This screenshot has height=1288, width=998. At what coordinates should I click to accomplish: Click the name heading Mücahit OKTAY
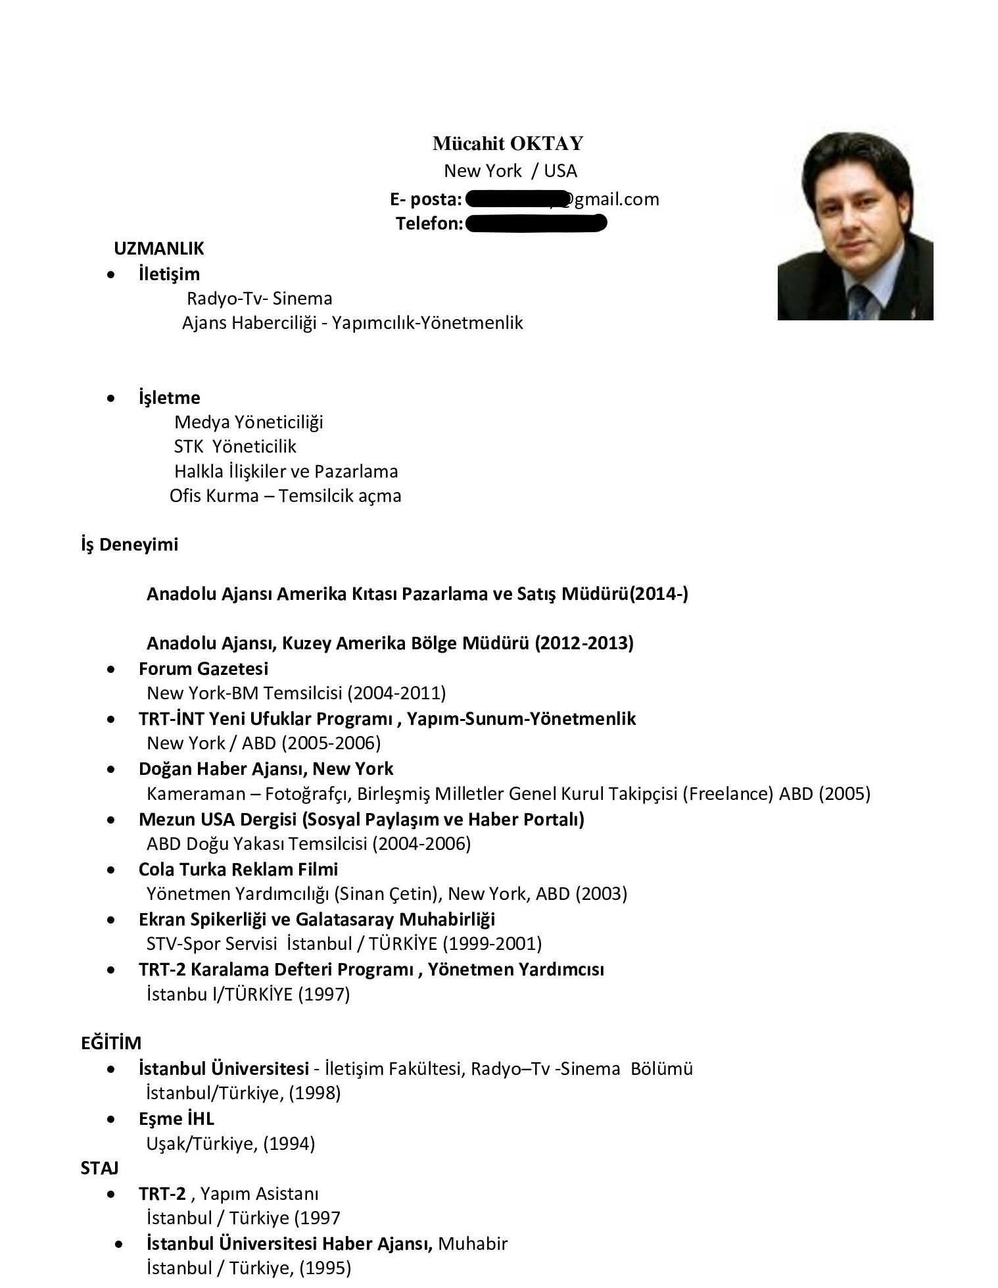point(508,143)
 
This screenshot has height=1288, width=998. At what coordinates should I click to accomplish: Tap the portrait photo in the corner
point(855,226)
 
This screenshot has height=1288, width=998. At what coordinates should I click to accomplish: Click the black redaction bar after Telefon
point(535,224)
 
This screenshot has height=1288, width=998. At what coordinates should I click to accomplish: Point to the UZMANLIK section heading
point(159,249)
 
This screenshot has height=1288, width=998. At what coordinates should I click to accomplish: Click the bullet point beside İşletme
point(114,398)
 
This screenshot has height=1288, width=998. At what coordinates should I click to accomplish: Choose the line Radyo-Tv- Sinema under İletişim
point(260,299)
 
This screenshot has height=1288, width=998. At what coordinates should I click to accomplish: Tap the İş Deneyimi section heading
point(130,545)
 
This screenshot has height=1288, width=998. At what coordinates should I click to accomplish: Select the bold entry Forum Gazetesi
point(203,668)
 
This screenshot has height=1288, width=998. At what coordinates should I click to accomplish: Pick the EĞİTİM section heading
point(111,1043)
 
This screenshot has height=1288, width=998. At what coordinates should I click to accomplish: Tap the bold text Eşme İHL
point(176,1119)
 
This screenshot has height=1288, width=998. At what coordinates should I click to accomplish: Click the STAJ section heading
point(99,1168)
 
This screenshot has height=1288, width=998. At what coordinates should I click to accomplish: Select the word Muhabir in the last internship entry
point(473,1244)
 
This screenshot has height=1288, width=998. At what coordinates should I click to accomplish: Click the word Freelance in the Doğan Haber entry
point(728,793)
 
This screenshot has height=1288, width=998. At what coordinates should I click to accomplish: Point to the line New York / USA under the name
point(510,171)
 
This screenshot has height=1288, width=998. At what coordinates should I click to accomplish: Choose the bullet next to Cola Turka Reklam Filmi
point(114,870)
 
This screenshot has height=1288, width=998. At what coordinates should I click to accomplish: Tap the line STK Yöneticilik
point(235,447)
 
